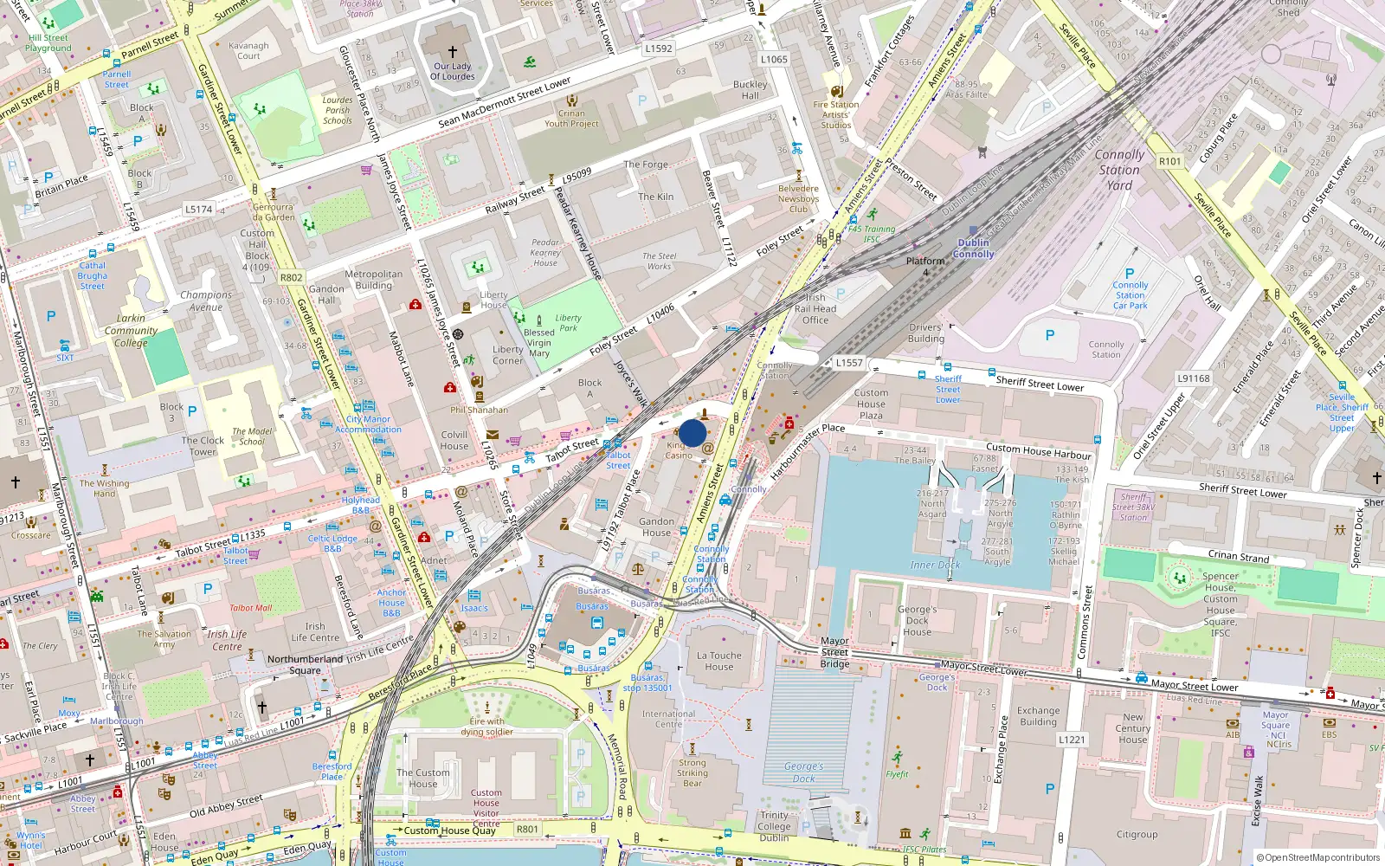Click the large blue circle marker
pos(692,433)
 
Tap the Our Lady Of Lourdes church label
pos(453,71)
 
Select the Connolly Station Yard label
pos(1119,170)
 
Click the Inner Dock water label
pos(935,565)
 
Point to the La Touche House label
pos(719,661)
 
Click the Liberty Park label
pos(568,322)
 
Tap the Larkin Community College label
pos(132,330)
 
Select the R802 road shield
pos(292,278)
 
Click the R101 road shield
pos(1169,161)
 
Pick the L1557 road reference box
pos(849,363)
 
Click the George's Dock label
pos(803,772)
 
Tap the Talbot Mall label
pos(250,608)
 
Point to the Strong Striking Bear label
pos(692,772)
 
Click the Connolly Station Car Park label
pos(1131,294)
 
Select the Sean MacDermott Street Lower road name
pos(505,103)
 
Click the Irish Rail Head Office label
pos(815,308)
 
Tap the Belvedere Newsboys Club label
pos(798,198)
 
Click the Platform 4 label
pos(925,266)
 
